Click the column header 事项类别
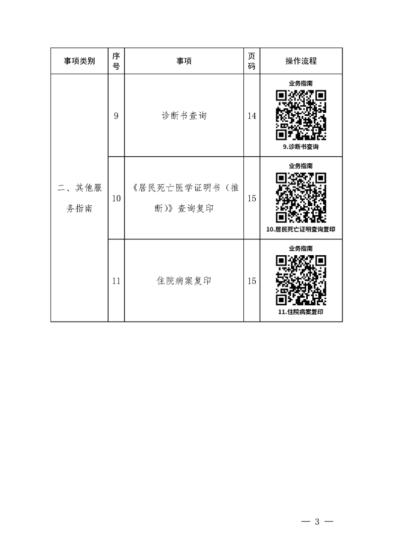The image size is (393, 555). point(79,61)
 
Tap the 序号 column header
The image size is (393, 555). point(116,61)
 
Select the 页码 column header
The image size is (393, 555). point(251,61)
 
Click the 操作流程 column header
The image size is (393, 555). point(301,61)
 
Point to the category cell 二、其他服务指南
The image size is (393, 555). point(79,198)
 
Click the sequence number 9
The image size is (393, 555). point(116,116)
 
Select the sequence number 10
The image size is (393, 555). point(116,198)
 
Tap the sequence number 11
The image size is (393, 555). point(116,281)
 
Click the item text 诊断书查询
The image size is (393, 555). point(184,116)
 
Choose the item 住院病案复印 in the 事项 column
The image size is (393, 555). point(184,281)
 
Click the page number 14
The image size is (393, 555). point(251,116)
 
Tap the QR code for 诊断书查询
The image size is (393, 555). point(301,115)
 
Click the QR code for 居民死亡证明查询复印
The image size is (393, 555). point(301,197)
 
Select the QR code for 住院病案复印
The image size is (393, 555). point(301,280)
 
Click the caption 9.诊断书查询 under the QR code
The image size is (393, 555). point(301,146)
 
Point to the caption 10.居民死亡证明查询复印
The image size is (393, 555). point(301,230)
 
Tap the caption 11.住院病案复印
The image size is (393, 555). point(301,312)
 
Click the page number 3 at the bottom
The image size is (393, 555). point(317,521)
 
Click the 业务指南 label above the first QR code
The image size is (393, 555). point(301,84)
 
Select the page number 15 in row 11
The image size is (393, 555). point(251,281)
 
